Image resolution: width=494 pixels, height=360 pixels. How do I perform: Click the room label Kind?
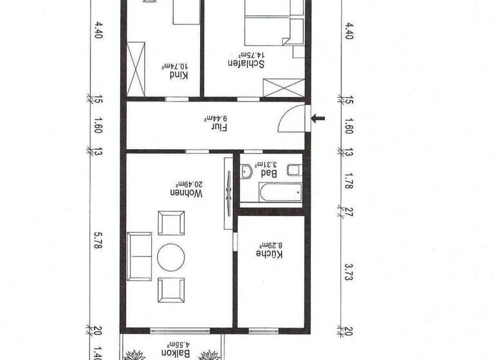click(x=178, y=75)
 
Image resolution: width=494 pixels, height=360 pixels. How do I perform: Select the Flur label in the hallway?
click(x=219, y=127)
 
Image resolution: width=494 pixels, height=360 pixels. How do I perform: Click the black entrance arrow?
click(x=318, y=118)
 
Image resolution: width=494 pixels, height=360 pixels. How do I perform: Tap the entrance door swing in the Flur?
click(x=293, y=118)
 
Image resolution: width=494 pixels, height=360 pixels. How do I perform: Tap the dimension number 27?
click(x=349, y=211)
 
